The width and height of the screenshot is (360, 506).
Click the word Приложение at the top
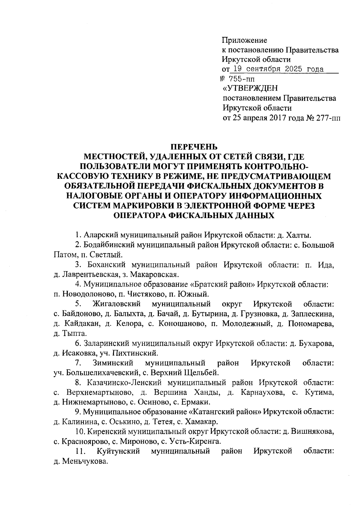point(244,40)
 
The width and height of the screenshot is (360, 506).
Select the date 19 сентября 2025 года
point(278,70)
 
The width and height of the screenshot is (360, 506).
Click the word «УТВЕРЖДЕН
point(250,88)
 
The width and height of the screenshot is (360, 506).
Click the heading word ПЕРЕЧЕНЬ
point(193,147)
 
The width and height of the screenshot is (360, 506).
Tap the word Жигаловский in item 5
point(117,304)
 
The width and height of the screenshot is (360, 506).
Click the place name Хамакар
point(201,422)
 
